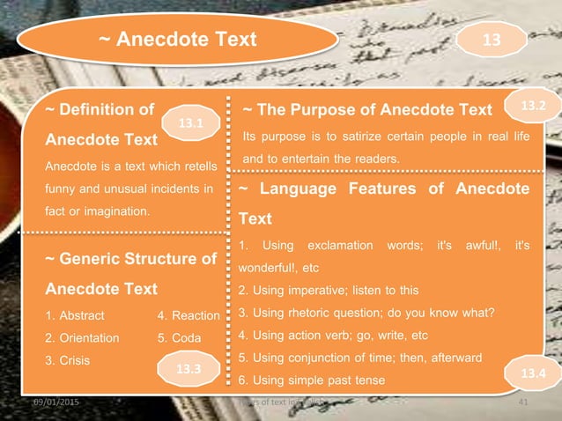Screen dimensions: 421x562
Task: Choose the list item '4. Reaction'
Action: point(188,315)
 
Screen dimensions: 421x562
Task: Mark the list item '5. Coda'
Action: point(179,337)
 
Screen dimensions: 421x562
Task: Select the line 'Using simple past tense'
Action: point(318,380)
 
